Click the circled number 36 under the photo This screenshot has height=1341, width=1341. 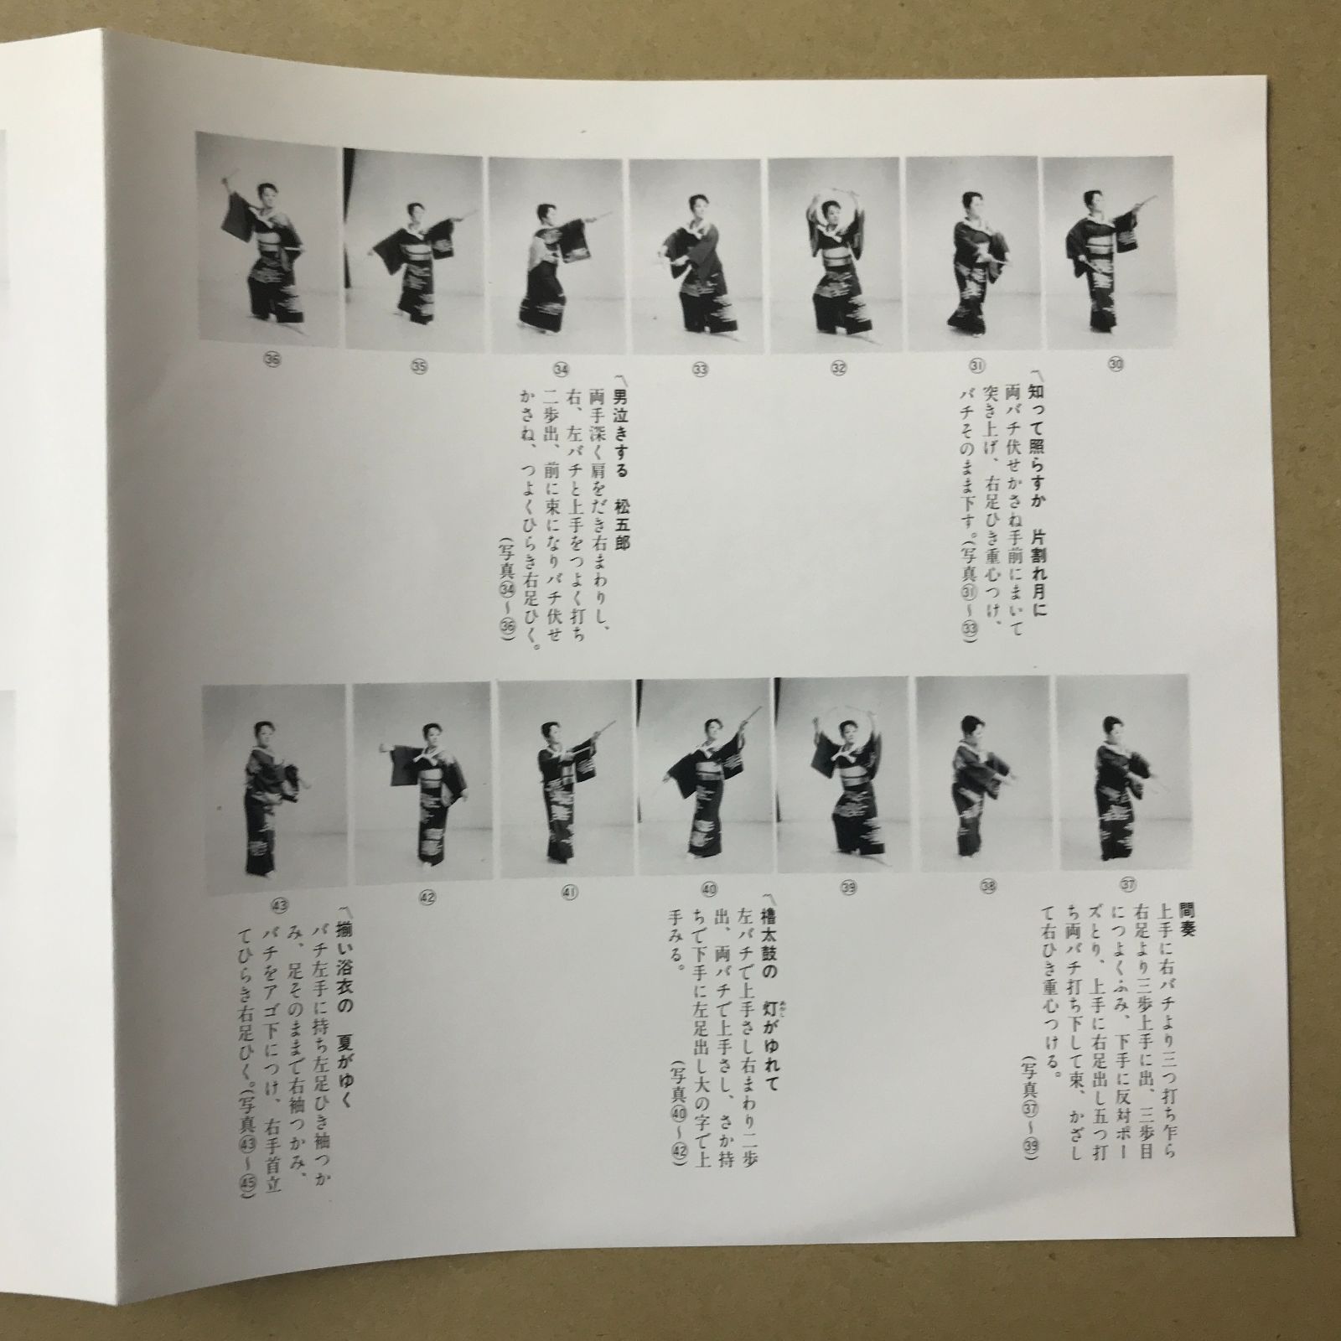click(272, 362)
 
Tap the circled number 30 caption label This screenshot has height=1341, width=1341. click(1116, 363)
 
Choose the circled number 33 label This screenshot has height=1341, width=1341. click(699, 366)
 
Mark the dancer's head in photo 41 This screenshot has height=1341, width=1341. click(551, 731)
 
